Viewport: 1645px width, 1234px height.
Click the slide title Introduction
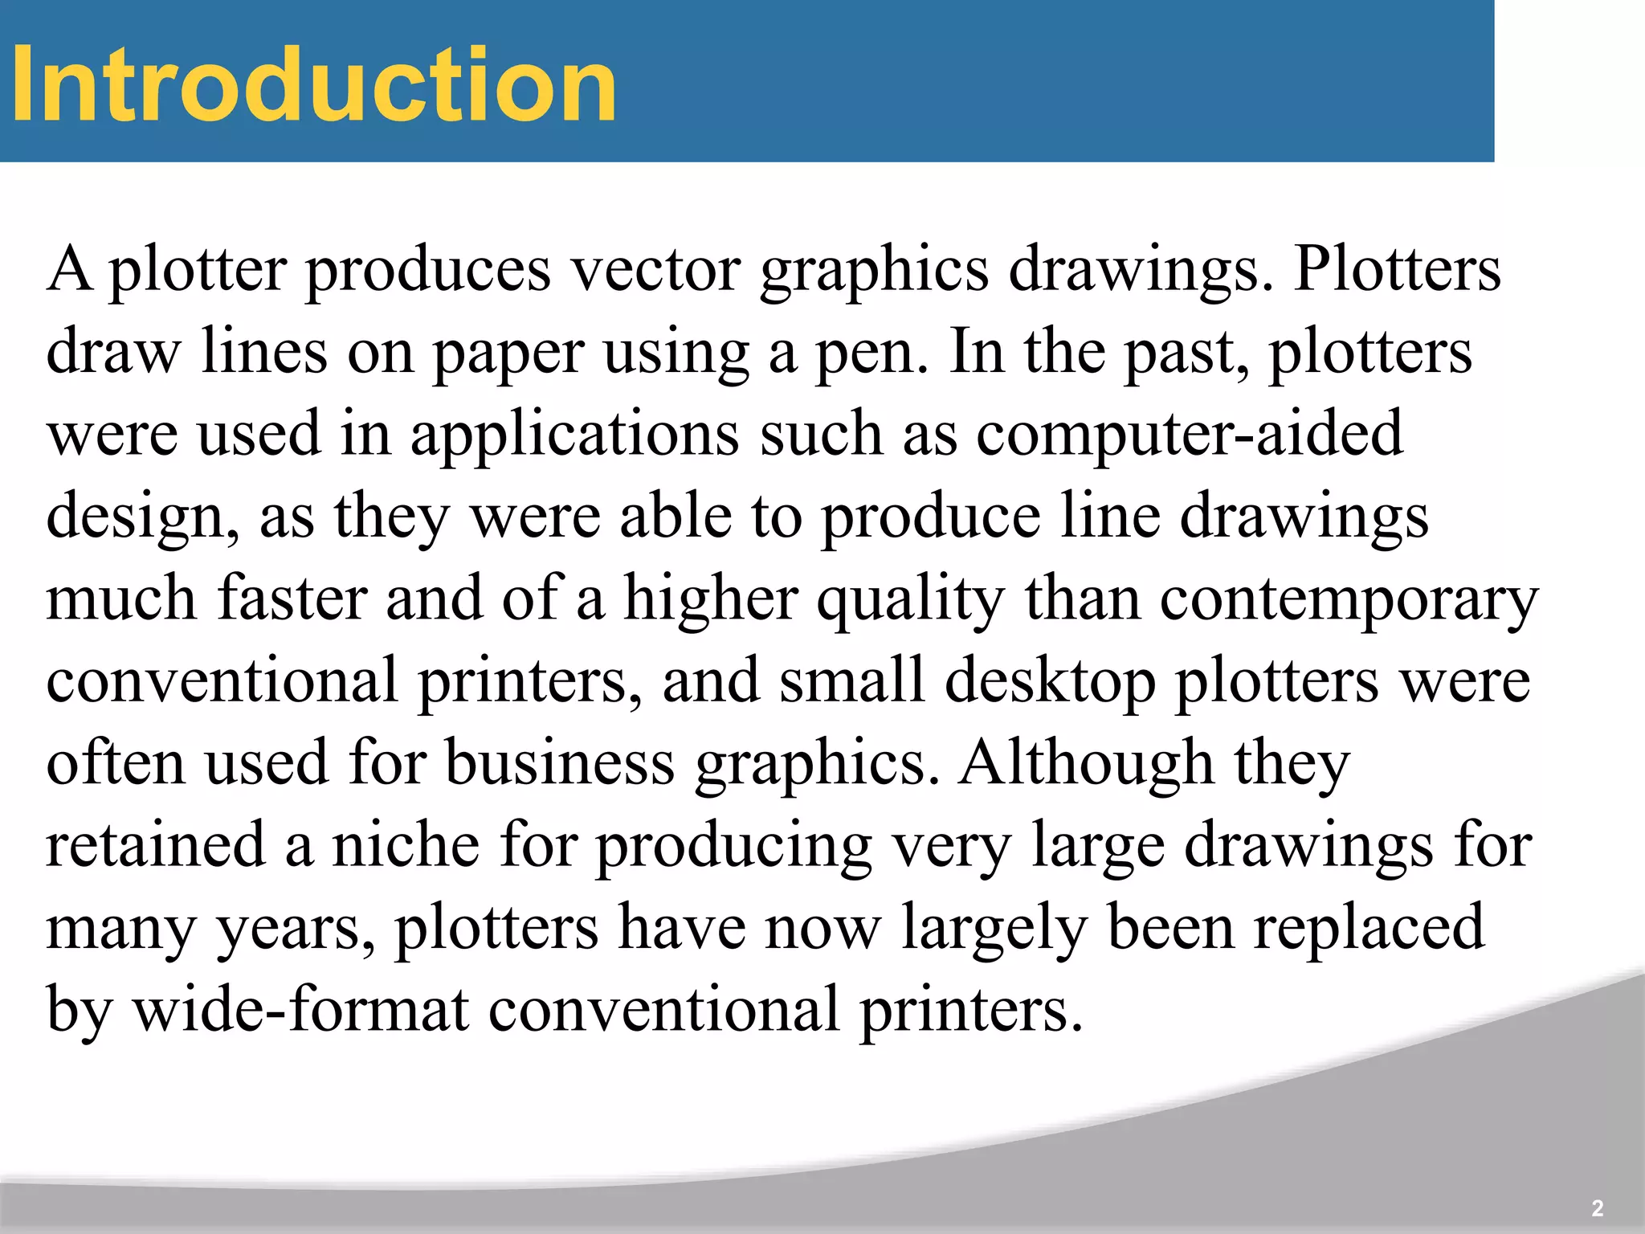point(313,84)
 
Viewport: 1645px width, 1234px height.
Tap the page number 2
point(1597,1207)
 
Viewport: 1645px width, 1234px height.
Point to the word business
point(560,763)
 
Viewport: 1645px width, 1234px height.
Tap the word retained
point(155,845)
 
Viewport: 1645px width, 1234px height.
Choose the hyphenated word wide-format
point(301,1010)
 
